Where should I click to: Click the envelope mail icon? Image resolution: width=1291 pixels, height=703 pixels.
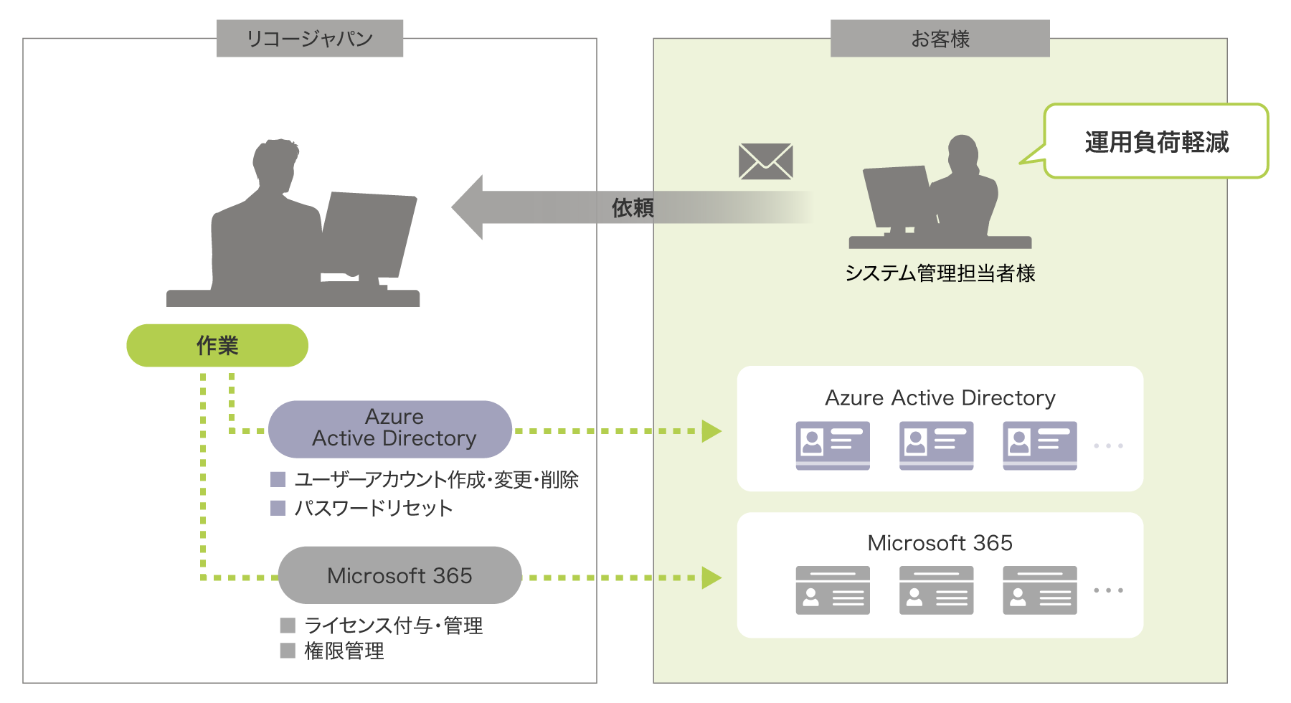(765, 161)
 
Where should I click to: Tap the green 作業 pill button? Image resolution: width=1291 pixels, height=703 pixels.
(217, 345)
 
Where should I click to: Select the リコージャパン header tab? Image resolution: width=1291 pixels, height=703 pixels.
(310, 38)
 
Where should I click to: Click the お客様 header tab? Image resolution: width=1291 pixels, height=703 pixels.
(940, 38)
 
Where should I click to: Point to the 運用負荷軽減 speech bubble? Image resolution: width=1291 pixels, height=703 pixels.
(1156, 141)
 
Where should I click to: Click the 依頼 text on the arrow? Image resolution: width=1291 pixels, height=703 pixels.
(632, 208)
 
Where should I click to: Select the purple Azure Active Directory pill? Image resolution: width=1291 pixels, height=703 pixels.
(391, 428)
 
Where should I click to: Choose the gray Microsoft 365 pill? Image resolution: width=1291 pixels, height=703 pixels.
(399, 575)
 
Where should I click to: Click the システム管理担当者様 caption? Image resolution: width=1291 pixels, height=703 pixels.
(940, 273)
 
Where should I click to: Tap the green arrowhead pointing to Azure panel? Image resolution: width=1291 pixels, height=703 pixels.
(710, 431)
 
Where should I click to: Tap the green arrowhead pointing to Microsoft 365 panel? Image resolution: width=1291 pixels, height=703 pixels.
(710, 577)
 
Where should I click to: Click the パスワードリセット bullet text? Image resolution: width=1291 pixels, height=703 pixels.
(374, 508)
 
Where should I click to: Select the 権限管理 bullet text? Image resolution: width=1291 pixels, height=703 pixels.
(344, 651)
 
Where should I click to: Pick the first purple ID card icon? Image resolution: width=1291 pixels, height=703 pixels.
(833, 445)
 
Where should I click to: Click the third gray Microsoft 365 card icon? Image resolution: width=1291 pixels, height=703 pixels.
(1039, 590)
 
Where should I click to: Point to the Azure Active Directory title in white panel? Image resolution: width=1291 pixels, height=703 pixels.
(940, 397)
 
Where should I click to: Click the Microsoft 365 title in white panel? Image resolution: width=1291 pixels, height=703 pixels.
(940, 543)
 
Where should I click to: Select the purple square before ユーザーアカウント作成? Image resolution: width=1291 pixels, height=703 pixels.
(278, 479)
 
